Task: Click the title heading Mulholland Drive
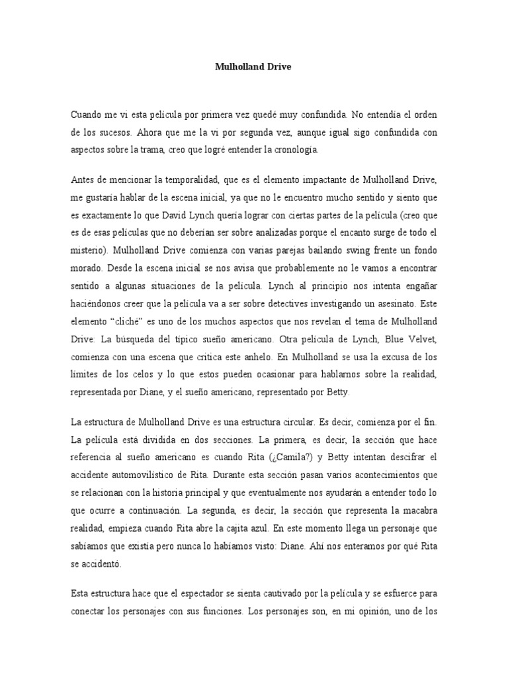point(254,67)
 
